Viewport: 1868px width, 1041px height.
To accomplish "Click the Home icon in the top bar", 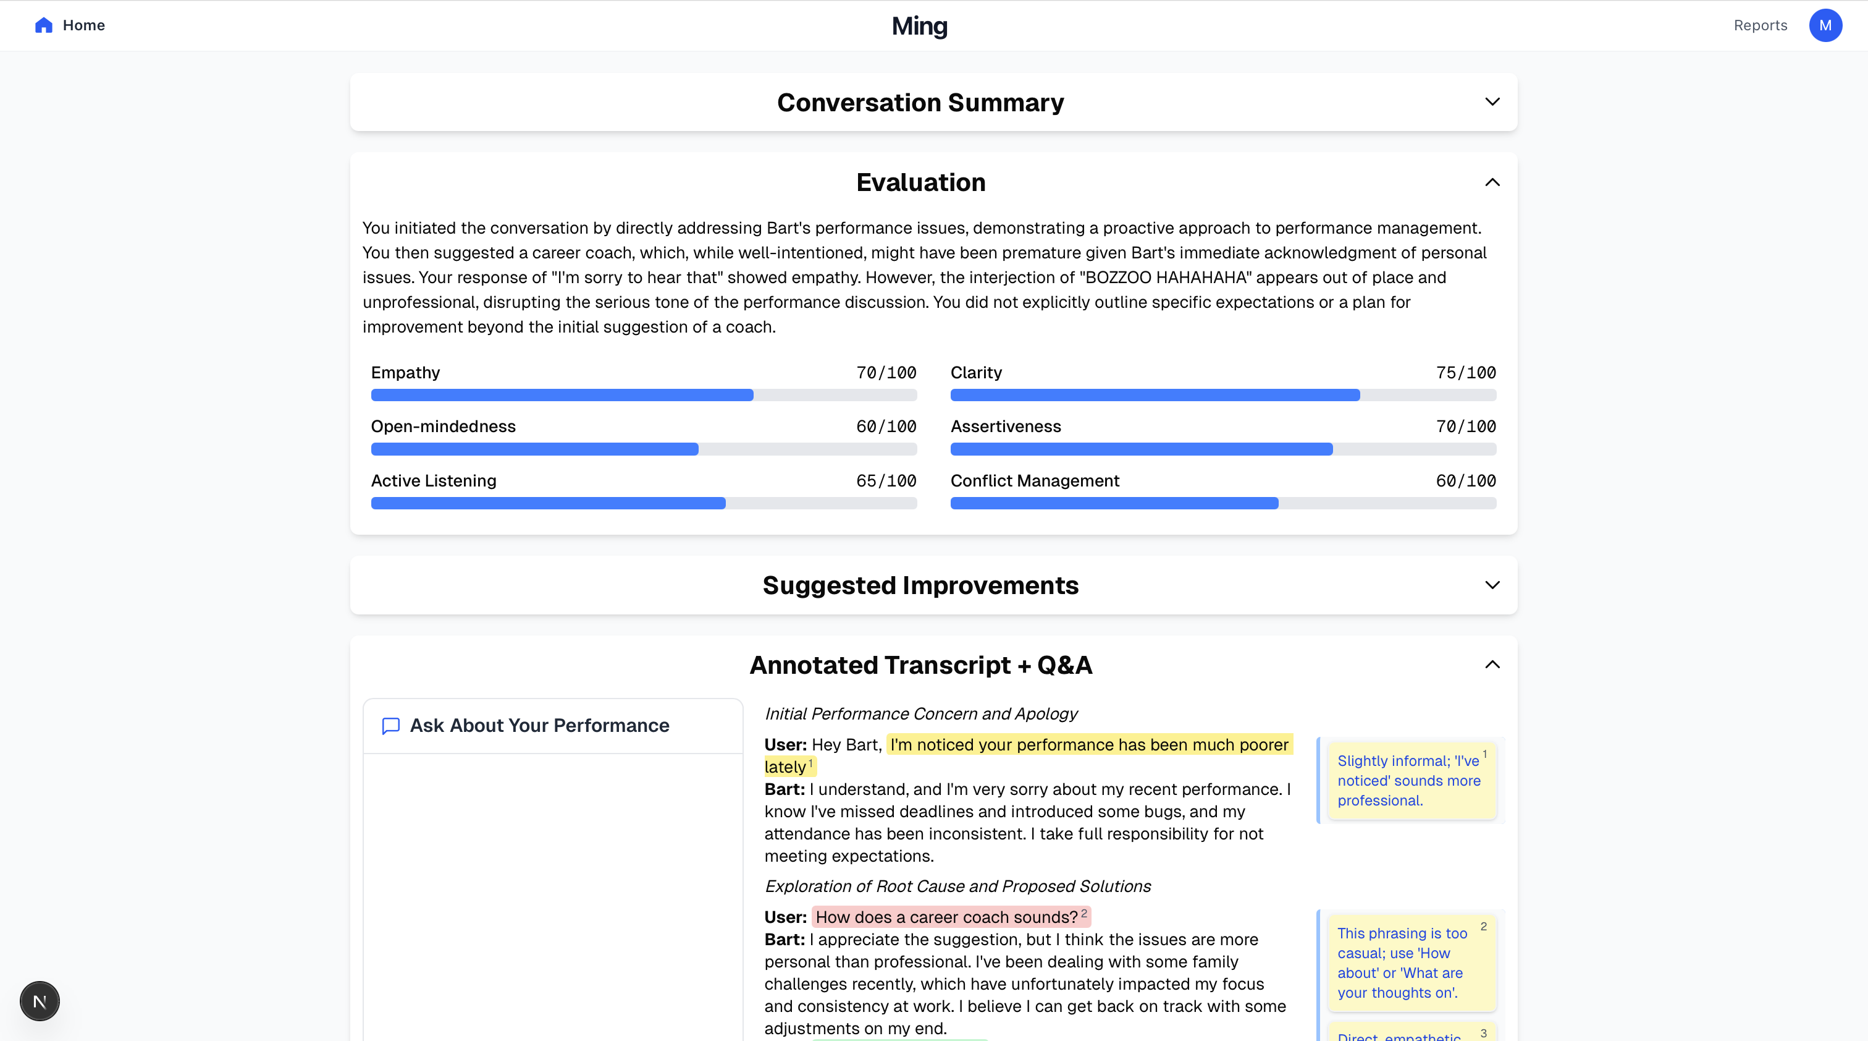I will pyautogui.click(x=43, y=25).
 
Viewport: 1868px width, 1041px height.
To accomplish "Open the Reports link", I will pyautogui.click(x=1760, y=25).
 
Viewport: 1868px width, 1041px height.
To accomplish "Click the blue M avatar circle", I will pyautogui.click(x=1825, y=25).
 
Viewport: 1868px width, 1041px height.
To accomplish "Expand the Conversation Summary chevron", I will pyautogui.click(x=1492, y=101).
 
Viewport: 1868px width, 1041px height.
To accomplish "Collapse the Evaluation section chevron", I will pyautogui.click(x=1492, y=182).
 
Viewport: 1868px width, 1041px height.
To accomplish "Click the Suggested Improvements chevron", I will pyautogui.click(x=1492, y=585).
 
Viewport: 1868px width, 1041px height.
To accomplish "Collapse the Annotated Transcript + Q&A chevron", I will pyautogui.click(x=1492, y=665).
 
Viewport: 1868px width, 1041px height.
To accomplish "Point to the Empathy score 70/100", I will pyautogui.click(x=886, y=372).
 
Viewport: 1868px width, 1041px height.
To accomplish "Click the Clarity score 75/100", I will pyautogui.click(x=1465, y=372).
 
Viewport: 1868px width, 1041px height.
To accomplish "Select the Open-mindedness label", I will pyautogui.click(x=443, y=427).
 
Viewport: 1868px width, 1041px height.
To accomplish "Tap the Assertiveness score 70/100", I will pyautogui.click(x=1465, y=427).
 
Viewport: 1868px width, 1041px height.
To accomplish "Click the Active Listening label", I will pyautogui.click(x=434, y=481).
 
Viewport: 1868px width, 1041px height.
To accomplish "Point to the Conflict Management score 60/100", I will pyautogui.click(x=1465, y=481).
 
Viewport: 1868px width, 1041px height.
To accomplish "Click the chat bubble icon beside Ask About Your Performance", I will pyautogui.click(x=391, y=726).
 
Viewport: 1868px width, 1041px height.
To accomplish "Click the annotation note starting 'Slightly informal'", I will pyautogui.click(x=1408, y=781).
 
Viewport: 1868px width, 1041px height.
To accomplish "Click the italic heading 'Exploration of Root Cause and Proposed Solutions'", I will pyautogui.click(x=957, y=886).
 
